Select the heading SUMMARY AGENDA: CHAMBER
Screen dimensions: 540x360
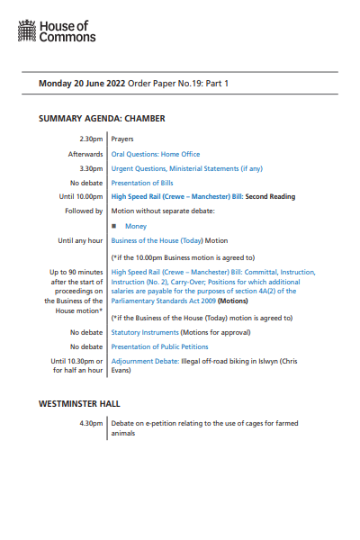coord(102,119)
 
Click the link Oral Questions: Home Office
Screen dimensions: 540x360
coord(155,155)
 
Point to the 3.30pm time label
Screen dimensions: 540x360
coord(91,168)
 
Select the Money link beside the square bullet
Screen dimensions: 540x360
coord(136,227)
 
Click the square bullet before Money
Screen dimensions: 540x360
coord(115,227)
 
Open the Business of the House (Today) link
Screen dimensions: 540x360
coord(157,241)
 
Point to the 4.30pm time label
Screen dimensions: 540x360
coord(91,424)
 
